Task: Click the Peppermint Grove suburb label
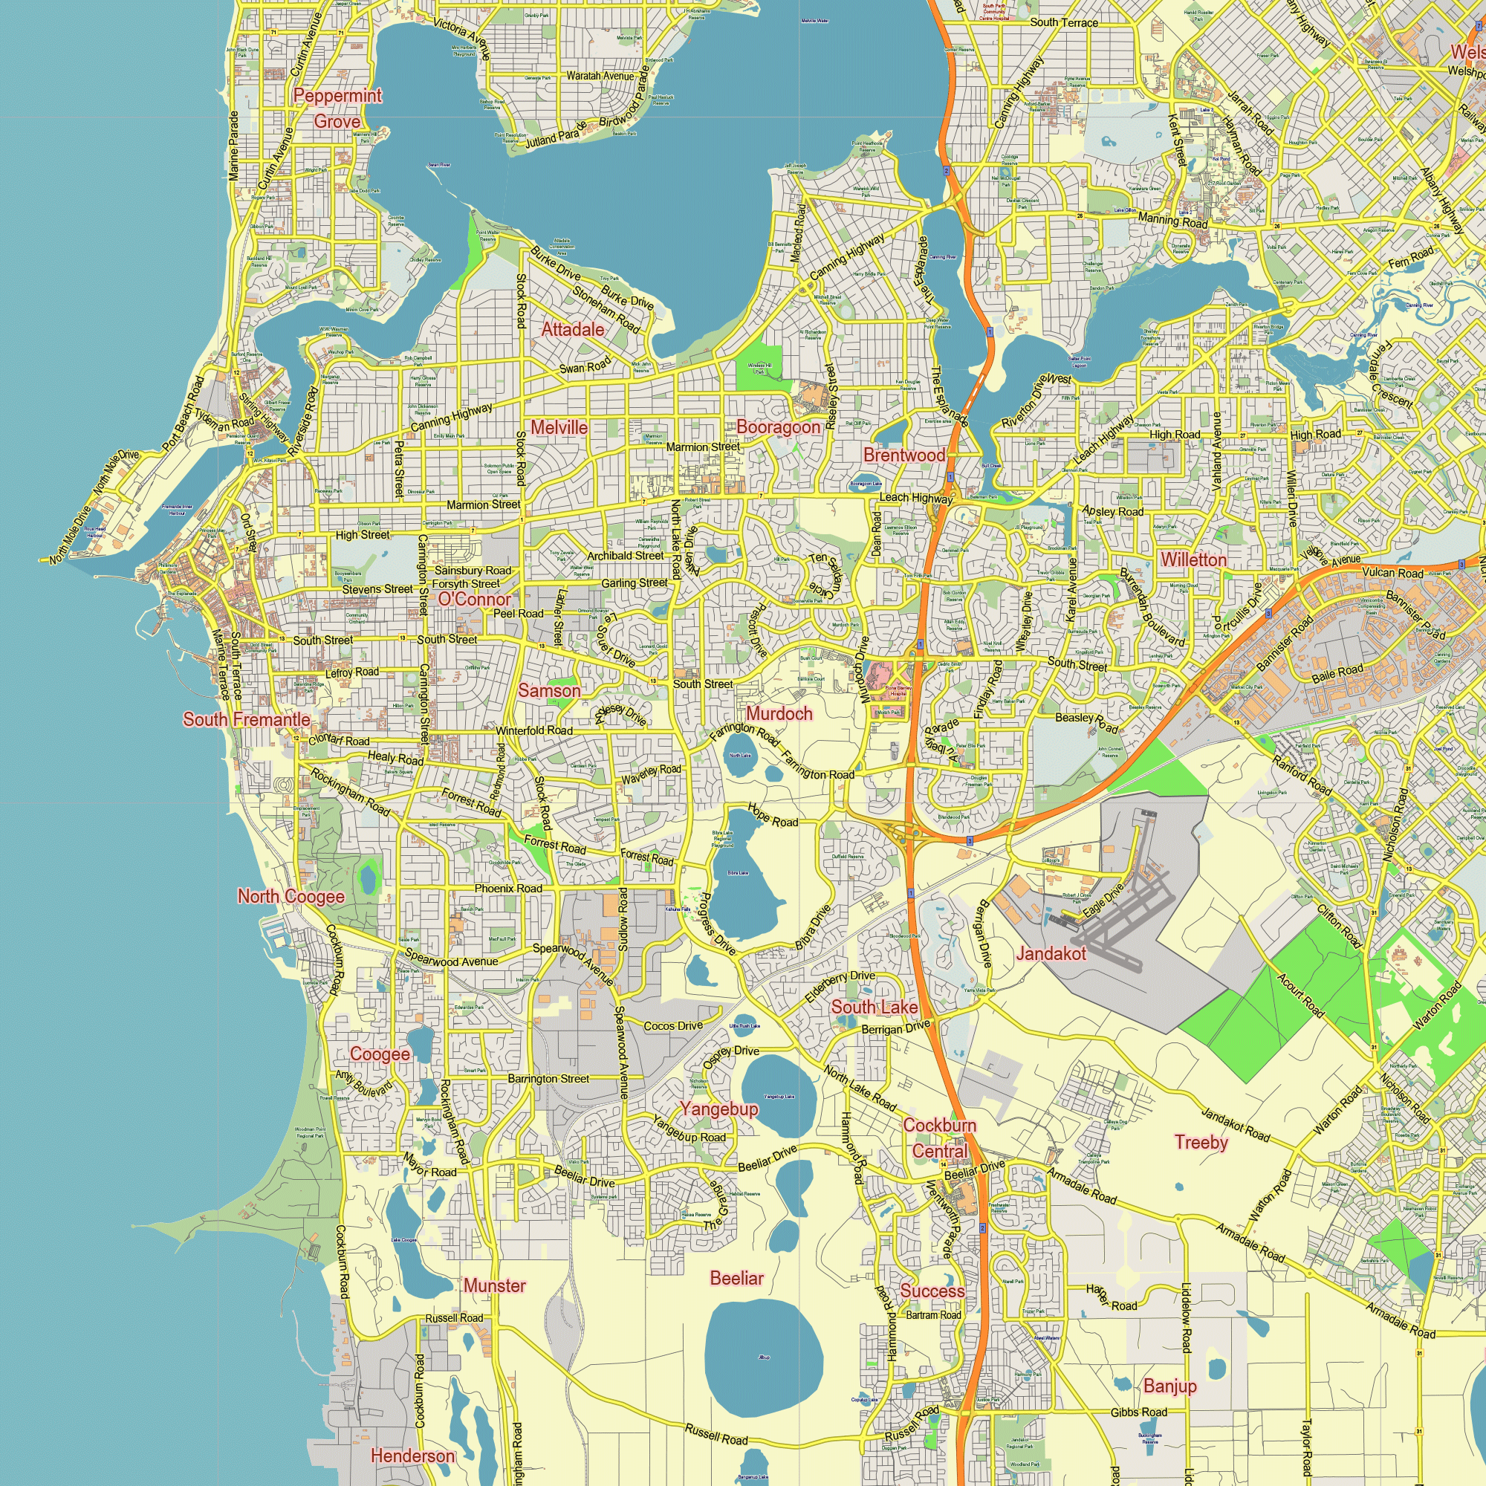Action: coord(337,108)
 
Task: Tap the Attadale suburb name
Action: coord(572,329)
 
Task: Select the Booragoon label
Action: coord(779,427)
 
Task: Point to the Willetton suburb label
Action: coord(1193,559)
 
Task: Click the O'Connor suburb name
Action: coord(475,599)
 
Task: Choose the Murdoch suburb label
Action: coord(779,714)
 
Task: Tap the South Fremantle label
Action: coord(247,719)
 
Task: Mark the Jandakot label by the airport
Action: coord(1051,954)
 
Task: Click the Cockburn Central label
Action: coord(939,1138)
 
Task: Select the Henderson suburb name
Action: coord(412,1456)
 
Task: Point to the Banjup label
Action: coord(1170,1386)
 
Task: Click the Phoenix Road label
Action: coord(507,889)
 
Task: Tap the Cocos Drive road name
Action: coord(673,1026)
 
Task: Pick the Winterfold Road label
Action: coord(533,730)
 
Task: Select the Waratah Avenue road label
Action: coord(600,76)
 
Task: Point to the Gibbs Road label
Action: coord(1138,1412)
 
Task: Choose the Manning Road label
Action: coord(1172,220)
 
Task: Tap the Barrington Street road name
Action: coord(548,1079)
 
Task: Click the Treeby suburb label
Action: coord(1201,1142)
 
